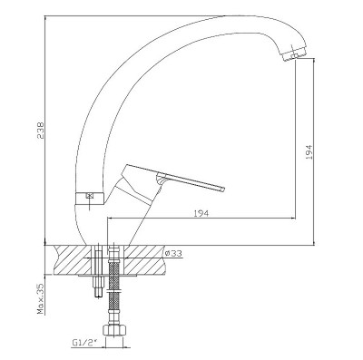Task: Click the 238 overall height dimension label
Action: click(x=41, y=131)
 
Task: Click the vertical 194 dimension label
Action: click(x=309, y=151)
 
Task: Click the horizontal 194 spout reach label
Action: click(x=201, y=213)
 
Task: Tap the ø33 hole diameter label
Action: click(x=173, y=253)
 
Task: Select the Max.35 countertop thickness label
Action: click(x=41, y=298)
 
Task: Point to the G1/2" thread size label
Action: click(x=83, y=343)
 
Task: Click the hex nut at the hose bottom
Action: click(x=114, y=329)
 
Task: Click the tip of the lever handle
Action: click(x=222, y=189)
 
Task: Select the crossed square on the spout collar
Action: click(x=90, y=195)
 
